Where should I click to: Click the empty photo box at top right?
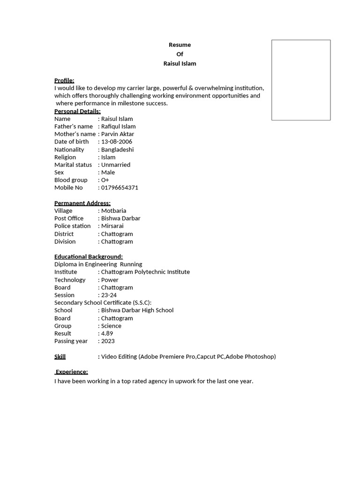301,80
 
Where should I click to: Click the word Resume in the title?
180,45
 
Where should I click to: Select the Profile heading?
64,81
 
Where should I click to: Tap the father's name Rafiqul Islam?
118,127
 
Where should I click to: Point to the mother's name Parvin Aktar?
117,134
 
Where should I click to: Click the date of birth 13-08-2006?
116,142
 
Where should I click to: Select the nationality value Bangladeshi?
117,150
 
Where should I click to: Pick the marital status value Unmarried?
115,165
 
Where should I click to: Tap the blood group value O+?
105,180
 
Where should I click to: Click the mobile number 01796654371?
119,187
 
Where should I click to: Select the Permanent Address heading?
82,203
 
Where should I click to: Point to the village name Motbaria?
113,211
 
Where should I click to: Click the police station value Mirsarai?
112,226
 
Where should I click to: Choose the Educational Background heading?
89,257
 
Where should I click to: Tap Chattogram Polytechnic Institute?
145,272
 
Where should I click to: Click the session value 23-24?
109,295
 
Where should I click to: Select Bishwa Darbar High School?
137,310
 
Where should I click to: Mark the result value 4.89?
107,334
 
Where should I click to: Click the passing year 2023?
107,341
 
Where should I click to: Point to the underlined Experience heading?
72,372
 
